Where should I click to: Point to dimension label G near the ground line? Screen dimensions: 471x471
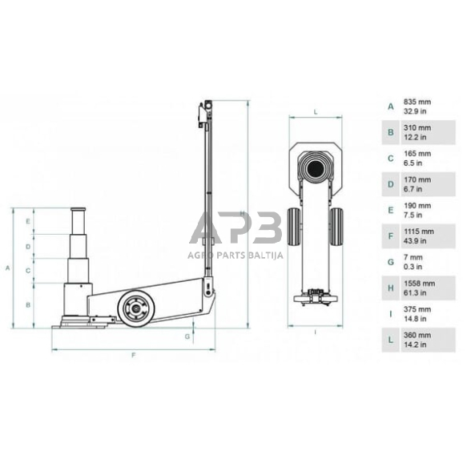tap(187, 336)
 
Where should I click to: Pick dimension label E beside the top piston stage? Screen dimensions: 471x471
tap(27, 219)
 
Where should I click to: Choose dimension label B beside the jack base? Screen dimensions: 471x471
tap(27, 304)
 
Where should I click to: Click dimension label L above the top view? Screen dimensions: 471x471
tap(316, 112)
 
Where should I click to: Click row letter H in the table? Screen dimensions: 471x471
tap(390, 287)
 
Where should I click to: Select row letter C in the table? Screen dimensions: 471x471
tap(390, 157)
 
